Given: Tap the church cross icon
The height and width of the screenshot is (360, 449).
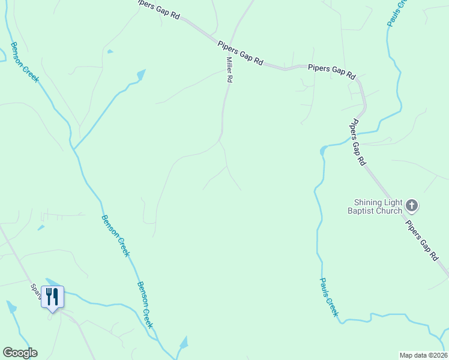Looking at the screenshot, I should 412,206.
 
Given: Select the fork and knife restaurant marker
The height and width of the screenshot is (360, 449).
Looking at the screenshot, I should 52,296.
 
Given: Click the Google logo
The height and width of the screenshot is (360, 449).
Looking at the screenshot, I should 20,353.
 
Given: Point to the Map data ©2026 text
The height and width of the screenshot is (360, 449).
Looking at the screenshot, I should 423,355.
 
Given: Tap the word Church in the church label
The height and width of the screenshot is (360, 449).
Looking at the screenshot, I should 388,211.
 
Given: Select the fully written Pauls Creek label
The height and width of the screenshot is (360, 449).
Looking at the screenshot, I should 329,298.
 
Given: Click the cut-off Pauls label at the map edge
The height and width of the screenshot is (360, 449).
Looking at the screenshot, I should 393,13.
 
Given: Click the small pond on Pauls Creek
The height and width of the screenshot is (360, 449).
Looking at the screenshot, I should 324,149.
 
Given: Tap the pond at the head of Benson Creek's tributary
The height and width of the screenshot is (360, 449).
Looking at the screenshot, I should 141,75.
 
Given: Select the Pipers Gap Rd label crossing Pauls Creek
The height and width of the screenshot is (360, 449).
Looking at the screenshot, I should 358,142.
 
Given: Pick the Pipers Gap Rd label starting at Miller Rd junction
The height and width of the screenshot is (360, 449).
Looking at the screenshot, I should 241,52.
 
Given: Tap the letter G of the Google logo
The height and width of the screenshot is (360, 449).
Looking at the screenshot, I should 8,353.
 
